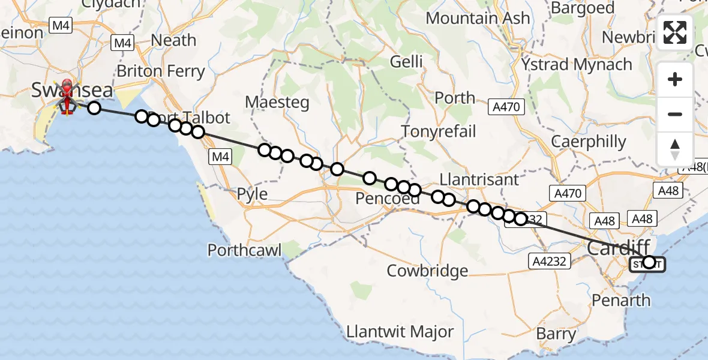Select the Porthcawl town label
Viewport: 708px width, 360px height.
point(244,250)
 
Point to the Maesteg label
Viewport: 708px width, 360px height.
point(277,102)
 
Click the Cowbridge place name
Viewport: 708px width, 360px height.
point(427,271)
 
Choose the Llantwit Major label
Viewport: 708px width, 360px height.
point(400,331)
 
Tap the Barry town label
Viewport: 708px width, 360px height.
point(556,334)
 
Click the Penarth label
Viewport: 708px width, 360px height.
point(620,300)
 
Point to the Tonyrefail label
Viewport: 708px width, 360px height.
point(439,131)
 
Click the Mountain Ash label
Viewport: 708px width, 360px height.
point(478,18)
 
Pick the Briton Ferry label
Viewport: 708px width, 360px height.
point(161,71)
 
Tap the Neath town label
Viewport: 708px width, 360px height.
point(174,40)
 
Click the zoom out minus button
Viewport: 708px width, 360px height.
point(675,114)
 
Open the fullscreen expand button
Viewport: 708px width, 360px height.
point(675,32)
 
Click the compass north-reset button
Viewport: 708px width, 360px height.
point(675,149)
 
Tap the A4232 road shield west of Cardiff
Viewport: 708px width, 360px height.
point(548,260)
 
